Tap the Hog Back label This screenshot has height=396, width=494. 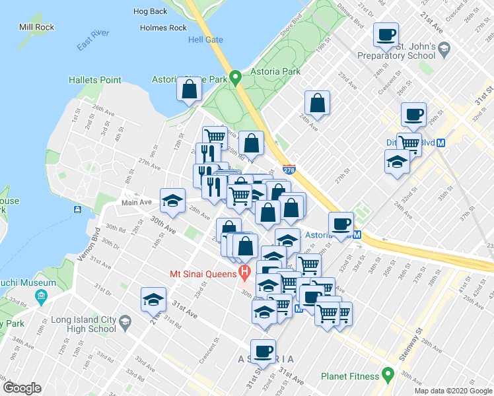pos(150,11)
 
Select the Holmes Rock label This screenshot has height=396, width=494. pos(164,28)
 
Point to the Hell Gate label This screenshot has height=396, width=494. pos(205,40)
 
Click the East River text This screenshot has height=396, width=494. pos(92,39)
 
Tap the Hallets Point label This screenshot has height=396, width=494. pos(95,80)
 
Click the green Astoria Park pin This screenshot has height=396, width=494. pos(234,77)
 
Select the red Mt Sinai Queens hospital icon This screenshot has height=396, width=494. pos(245,271)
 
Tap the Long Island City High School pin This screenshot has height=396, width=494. pos(125,321)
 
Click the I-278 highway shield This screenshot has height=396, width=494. pos(289,170)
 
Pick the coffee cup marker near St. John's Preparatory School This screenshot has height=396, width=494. pos(386,35)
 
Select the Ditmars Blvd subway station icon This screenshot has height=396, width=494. pos(441,142)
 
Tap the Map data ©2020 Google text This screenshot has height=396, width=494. pos(452,391)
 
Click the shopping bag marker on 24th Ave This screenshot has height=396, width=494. pos(318,104)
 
